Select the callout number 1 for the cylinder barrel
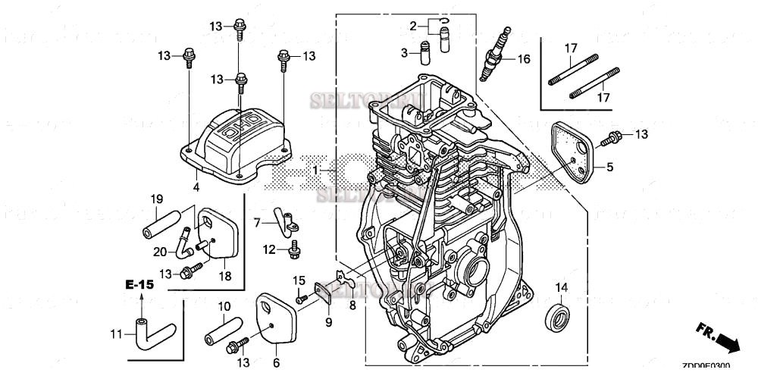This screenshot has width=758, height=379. (315, 171)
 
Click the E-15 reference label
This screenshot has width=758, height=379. (139, 284)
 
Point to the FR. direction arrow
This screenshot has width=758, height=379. (718, 337)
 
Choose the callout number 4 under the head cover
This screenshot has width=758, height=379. (196, 186)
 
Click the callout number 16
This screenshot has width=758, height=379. (524, 58)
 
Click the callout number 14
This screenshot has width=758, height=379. (561, 287)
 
